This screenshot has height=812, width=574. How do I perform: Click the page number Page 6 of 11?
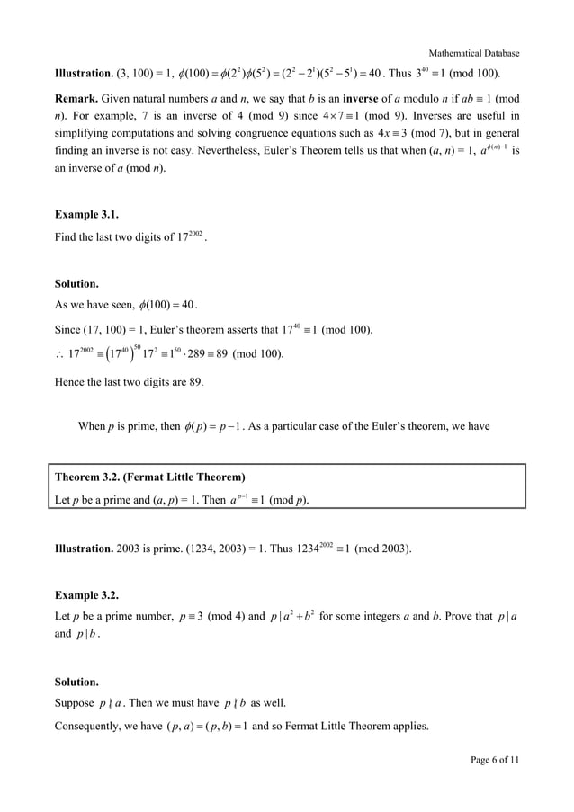point(495,761)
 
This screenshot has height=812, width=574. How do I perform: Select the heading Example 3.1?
point(86,215)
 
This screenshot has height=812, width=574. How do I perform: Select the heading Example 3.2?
point(86,595)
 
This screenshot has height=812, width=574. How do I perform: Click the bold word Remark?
point(79,98)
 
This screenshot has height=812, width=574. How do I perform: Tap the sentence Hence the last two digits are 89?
point(129,382)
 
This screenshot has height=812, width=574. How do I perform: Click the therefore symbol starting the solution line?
point(59,354)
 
